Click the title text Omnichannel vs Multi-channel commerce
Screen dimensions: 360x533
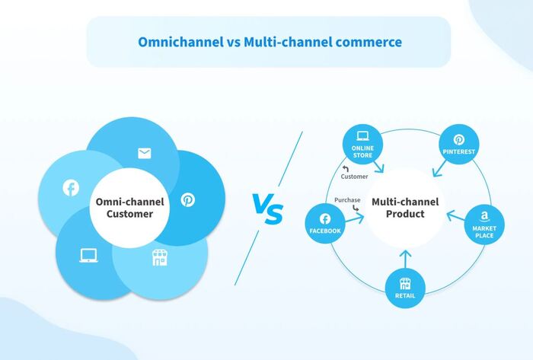pyautogui.click(x=269, y=42)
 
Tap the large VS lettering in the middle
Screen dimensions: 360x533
pyautogui.click(x=267, y=208)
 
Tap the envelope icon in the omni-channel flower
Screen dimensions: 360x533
pyautogui.click(x=144, y=154)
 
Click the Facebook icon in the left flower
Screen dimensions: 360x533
pyautogui.click(x=70, y=188)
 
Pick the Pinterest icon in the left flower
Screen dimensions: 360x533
pyautogui.click(x=187, y=199)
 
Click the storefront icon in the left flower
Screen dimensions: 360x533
pyautogui.click(x=158, y=258)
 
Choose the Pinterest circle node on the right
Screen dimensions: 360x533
pyautogui.click(x=459, y=145)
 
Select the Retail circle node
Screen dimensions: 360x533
pyautogui.click(x=405, y=288)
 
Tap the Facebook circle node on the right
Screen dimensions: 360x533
pyautogui.click(x=325, y=224)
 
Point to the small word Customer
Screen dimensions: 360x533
pyautogui.click(x=354, y=177)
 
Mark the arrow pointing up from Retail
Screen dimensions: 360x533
pyautogui.click(x=405, y=260)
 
